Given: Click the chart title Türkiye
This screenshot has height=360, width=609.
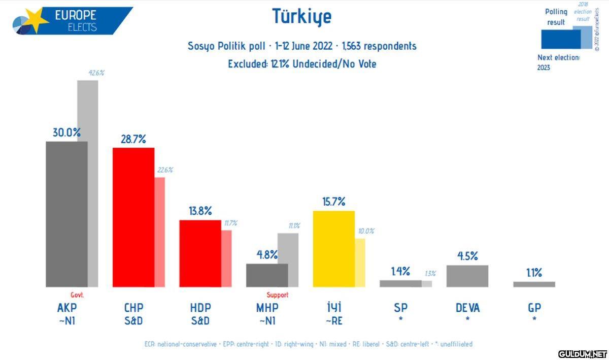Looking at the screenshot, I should [302, 16].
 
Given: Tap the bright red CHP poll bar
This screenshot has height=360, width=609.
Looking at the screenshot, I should [133, 217].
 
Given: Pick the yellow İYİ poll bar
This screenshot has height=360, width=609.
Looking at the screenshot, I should [333, 249].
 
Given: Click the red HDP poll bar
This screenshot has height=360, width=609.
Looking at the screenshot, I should [200, 253].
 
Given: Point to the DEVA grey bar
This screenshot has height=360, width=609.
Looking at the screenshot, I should [467, 276].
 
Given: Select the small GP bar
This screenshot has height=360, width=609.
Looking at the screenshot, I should [534, 284].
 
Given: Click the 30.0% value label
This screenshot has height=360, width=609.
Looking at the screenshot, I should [66, 133].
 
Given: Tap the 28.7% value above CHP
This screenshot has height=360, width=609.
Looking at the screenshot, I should [133, 139].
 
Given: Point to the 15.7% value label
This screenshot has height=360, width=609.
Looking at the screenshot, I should [333, 202].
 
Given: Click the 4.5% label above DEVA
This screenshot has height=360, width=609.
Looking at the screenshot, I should [467, 256].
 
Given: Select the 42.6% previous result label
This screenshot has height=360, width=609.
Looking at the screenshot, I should [96, 73].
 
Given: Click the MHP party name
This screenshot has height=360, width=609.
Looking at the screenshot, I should [267, 308].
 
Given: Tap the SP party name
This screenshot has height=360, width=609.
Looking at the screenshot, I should [400, 308].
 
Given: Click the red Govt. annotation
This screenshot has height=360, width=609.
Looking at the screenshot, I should [77, 295].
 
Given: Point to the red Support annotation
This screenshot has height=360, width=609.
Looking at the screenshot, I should [277, 295].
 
